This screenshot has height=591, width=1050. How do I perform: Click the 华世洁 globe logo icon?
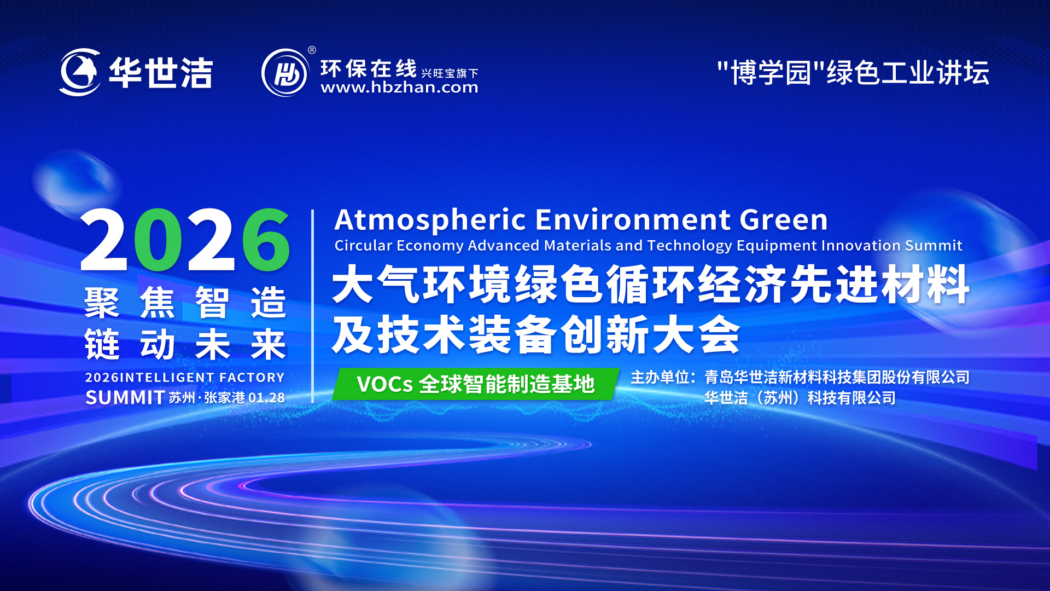(80, 72)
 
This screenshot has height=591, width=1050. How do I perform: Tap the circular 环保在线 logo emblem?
(285, 73)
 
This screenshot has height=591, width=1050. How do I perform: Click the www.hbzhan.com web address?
(399, 88)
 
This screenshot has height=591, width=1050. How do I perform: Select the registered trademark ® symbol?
(312, 50)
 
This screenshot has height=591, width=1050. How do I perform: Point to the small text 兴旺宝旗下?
(450, 73)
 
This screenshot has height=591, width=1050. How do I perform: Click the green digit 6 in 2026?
(266, 240)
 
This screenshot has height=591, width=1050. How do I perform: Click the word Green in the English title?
(784, 220)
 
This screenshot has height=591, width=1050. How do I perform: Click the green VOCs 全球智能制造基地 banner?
(476, 384)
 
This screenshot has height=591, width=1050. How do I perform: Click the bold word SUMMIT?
(125, 398)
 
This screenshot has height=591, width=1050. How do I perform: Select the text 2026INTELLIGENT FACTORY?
(185, 378)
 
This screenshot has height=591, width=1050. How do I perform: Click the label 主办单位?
(660, 377)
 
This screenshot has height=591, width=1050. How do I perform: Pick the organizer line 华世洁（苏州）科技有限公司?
(800, 398)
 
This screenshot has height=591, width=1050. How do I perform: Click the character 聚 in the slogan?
(102, 302)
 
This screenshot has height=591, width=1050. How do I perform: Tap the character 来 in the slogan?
(268, 345)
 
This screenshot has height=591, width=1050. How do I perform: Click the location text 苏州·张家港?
(207, 398)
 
